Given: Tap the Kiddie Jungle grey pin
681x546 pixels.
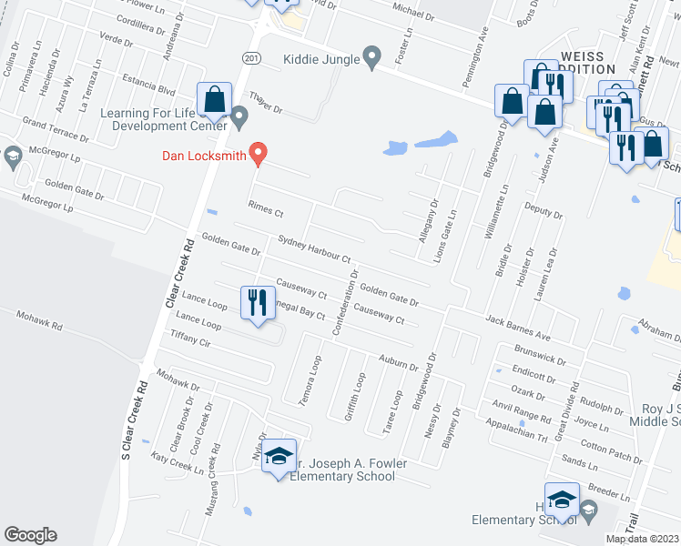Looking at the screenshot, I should pos(371,57).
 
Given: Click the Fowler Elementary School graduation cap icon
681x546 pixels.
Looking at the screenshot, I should pos(280,458).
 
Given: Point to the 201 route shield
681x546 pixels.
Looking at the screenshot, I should pos(251,56).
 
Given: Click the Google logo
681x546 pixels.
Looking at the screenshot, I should pos(30,535).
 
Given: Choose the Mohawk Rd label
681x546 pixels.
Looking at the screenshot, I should pos(38,319).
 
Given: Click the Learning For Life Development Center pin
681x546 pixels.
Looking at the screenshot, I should pos(239,116).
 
